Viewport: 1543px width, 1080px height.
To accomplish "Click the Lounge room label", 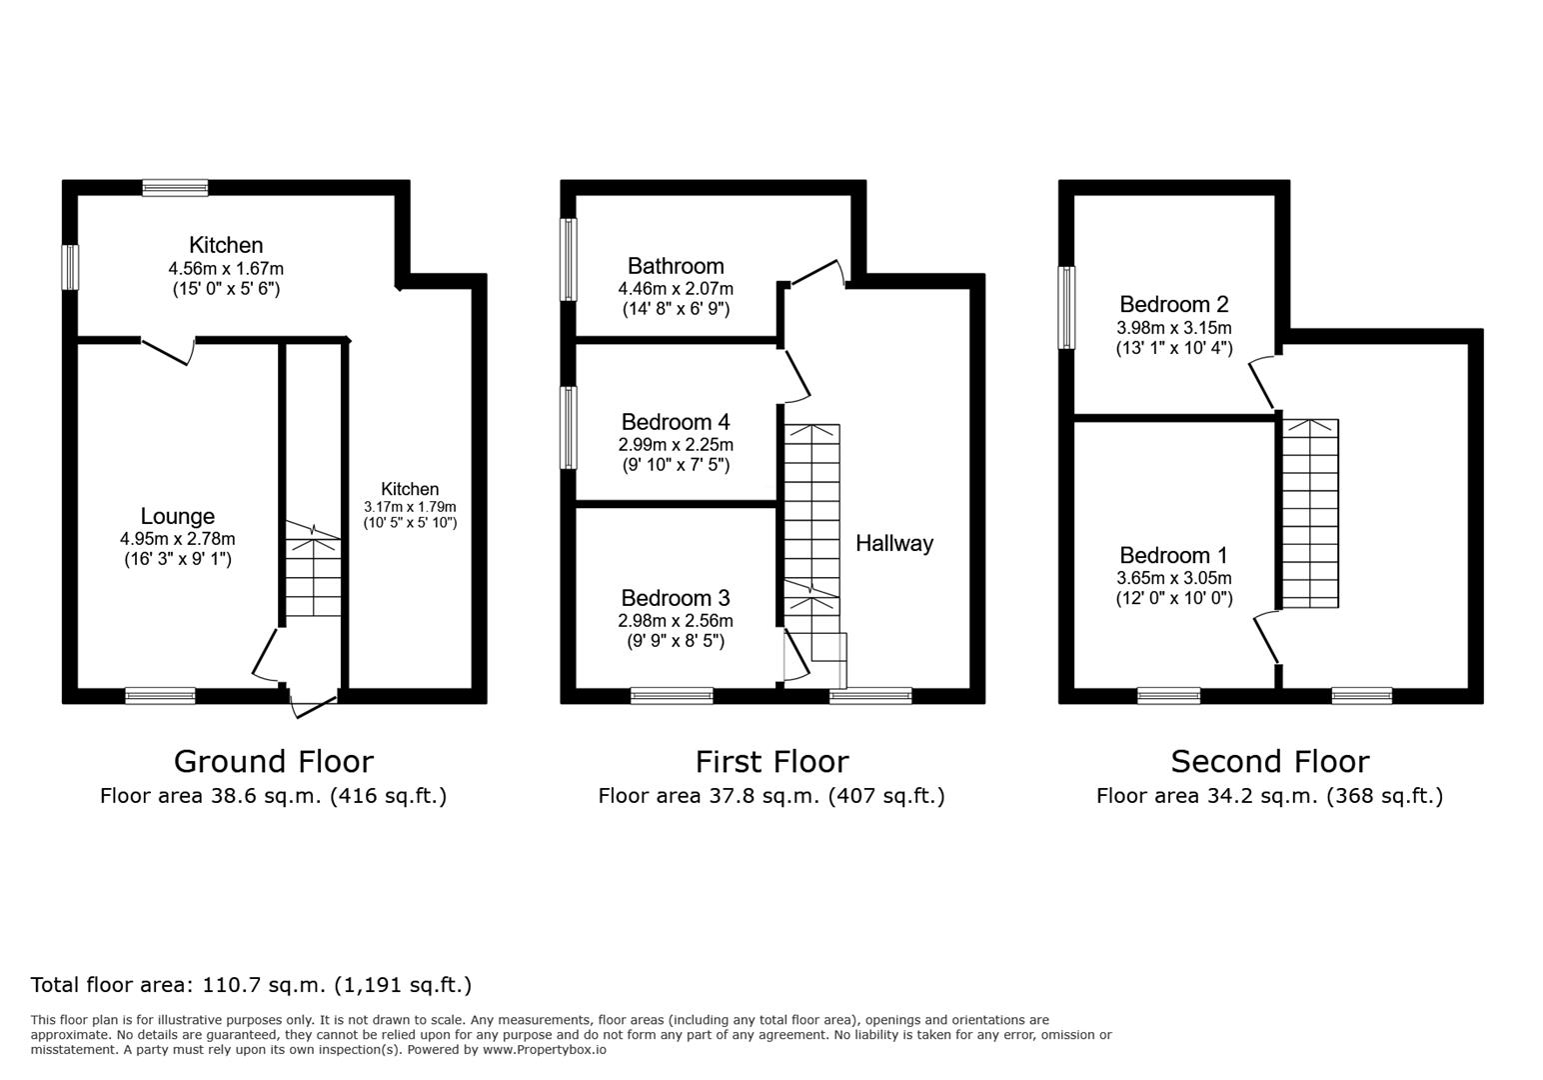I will tap(177, 516).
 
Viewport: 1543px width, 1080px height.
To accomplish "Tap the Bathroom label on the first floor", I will tap(676, 266).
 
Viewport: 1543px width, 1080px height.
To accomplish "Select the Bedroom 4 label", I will tap(676, 422).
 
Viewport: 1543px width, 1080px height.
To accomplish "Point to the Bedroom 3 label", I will tap(676, 598).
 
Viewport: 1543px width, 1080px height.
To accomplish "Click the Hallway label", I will tap(894, 543).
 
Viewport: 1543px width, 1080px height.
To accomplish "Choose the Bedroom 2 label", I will tap(1173, 304).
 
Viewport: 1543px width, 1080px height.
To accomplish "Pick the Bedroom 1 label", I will tap(1173, 555).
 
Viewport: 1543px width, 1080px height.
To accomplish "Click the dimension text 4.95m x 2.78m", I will tap(177, 539).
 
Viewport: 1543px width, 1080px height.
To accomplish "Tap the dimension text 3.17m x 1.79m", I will tap(410, 507).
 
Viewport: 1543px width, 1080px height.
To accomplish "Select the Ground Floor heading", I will tap(273, 762).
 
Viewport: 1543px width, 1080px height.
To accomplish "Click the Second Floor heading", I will tap(1269, 762).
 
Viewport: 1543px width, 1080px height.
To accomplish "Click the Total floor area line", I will tap(251, 985).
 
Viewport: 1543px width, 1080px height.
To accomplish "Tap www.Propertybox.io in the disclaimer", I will tap(544, 1050).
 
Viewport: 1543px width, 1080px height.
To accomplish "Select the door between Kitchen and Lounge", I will tap(167, 351).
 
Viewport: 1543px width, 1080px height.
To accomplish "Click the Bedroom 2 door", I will tap(1262, 382).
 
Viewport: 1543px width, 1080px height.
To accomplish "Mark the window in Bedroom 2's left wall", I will tap(1067, 307).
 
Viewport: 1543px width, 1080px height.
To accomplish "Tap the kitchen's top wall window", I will tap(175, 187).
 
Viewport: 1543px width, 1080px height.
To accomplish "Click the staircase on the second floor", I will tap(1310, 513).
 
